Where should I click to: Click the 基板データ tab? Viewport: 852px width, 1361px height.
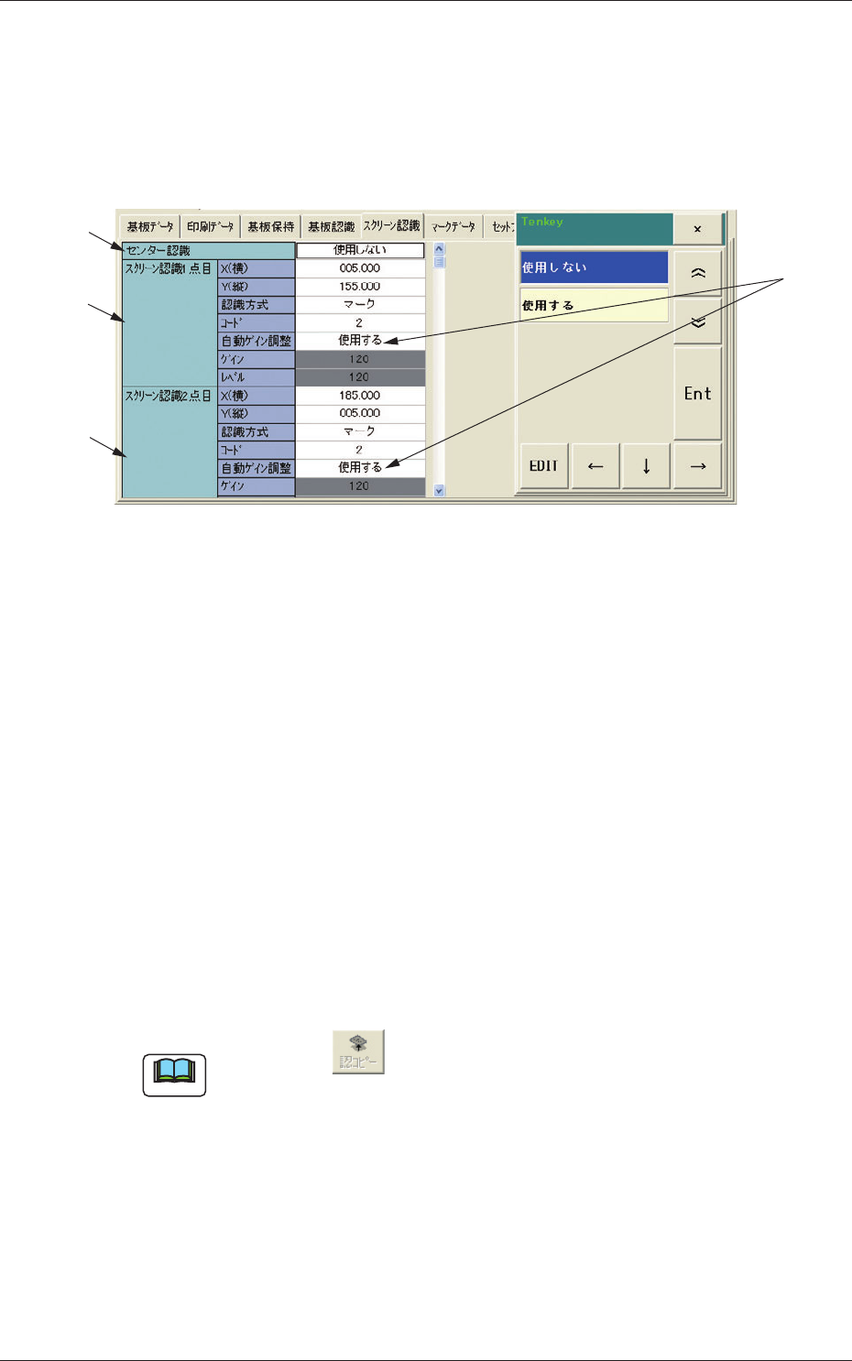[150, 226]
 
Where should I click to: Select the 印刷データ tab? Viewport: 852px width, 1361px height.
[210, 226]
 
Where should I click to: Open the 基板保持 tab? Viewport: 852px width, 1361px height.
[271, 226]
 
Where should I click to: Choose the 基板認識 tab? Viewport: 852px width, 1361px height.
[331, 226]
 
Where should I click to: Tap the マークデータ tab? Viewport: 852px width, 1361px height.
[453, 226]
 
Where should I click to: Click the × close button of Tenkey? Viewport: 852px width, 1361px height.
[697, 229]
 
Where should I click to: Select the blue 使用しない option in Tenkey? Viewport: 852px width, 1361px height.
[594, 267]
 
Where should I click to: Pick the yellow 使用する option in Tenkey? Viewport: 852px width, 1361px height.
[594, 305]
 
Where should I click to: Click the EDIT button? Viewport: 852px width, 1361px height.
[544, 466]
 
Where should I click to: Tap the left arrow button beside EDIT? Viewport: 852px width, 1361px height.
[595, 466]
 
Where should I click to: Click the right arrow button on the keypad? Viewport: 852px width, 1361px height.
[698, 466]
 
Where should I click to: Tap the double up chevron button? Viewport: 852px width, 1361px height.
[698, 273]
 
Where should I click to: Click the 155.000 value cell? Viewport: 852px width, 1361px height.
[360, 287]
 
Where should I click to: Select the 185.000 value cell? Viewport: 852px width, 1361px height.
[360, 396]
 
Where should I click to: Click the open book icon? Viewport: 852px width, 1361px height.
[174, 1075]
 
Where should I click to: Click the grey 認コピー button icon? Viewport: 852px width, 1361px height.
[358, 1051]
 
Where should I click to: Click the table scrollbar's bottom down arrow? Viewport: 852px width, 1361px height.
[439, 491]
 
